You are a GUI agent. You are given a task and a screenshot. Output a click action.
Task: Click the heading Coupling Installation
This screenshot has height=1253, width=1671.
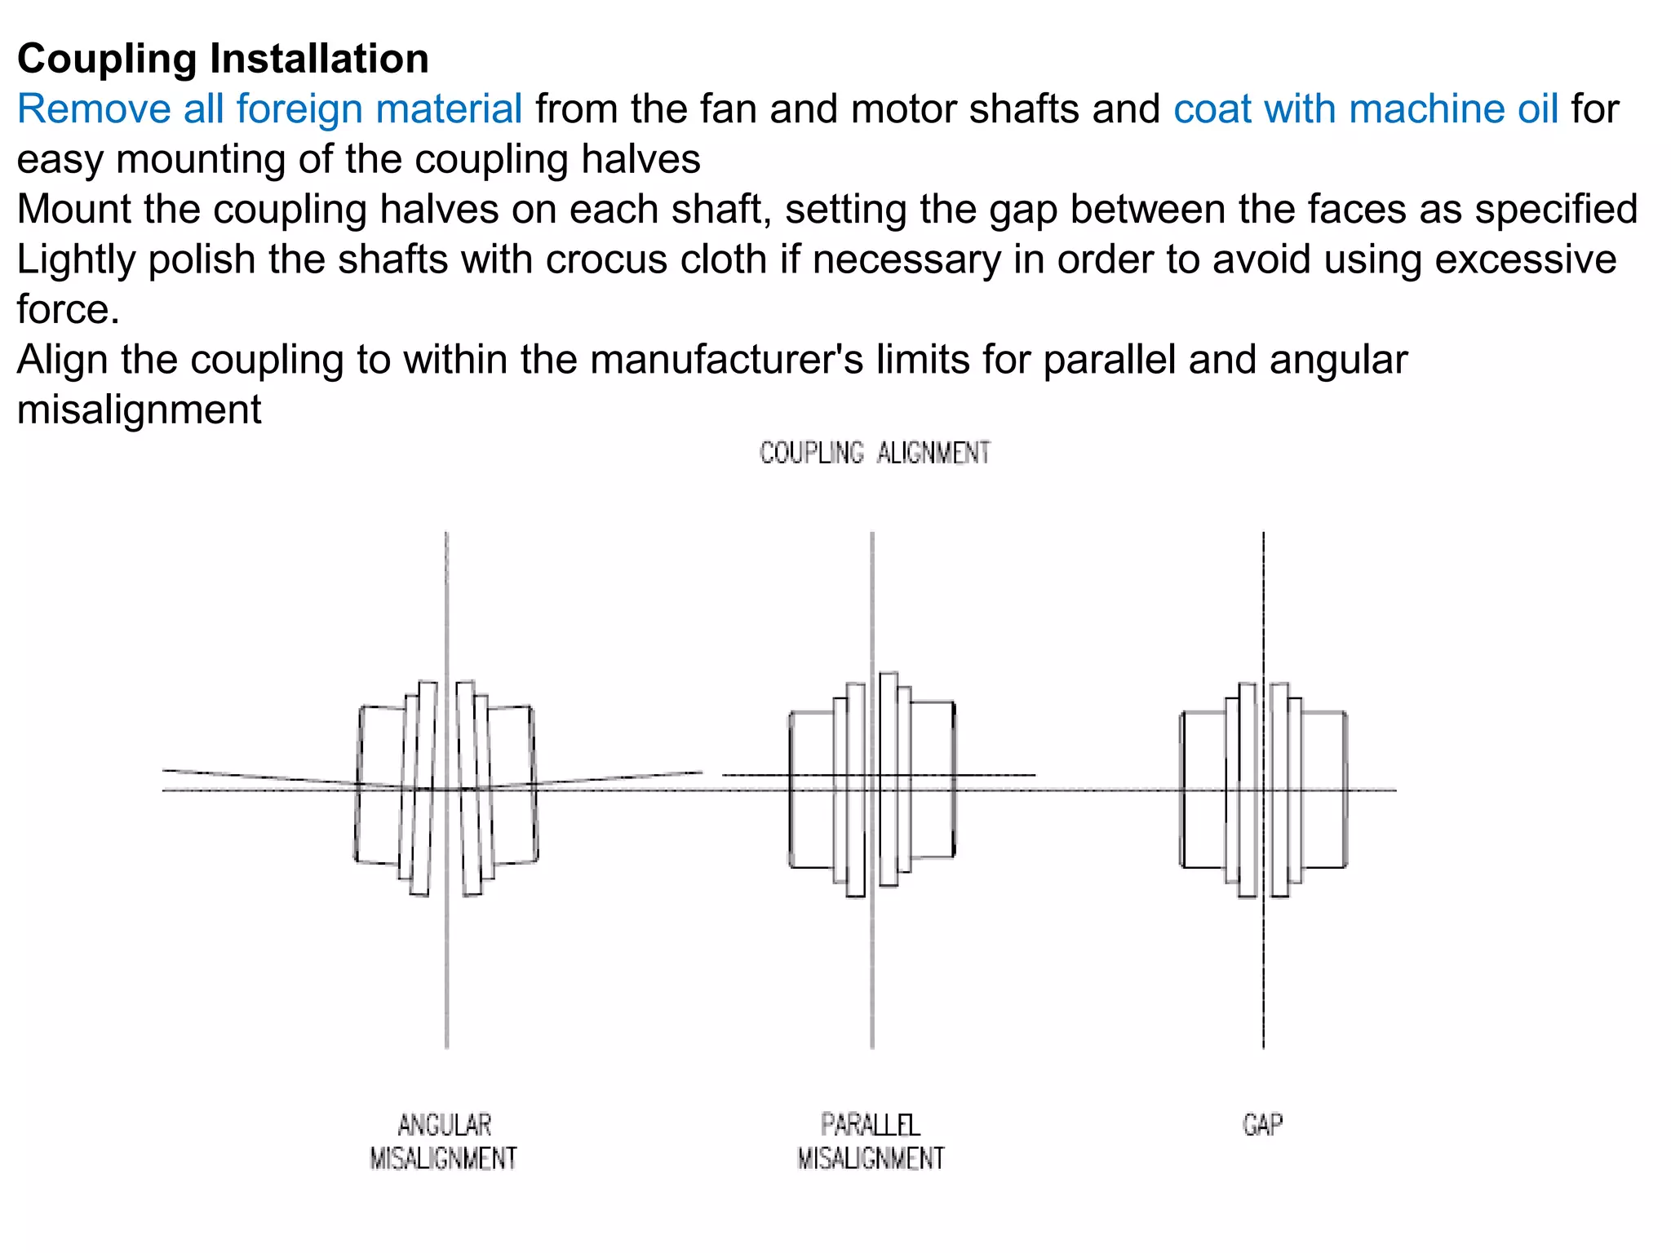click(223, 59)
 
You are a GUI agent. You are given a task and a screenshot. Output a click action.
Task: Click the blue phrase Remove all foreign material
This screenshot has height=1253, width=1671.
click(269, 109)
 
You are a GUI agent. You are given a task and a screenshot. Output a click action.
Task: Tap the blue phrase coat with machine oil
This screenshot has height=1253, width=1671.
click(1365, 109)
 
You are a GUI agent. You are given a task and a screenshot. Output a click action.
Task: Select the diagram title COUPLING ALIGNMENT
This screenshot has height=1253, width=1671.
click(874, 453)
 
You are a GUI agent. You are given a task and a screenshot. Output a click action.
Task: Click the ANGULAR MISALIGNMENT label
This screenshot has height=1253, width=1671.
click(443, 1141)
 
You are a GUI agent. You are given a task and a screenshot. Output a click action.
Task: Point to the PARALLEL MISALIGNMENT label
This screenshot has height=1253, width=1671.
click(870, 1141)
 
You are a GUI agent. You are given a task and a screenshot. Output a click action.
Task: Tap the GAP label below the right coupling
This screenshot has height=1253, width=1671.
click(1262, 1125)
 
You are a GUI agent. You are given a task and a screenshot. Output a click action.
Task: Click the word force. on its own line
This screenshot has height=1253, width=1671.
click(68, 310)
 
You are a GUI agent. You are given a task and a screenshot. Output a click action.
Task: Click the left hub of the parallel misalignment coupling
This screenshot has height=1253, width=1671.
click(812, 789)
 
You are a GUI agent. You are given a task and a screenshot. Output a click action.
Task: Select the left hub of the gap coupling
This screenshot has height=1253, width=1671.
click(1203, 789)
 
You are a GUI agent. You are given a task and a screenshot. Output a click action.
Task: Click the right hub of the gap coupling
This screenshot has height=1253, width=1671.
click(1323, 789)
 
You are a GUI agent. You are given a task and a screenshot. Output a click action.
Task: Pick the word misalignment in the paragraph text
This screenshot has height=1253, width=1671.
click(139, 410)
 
